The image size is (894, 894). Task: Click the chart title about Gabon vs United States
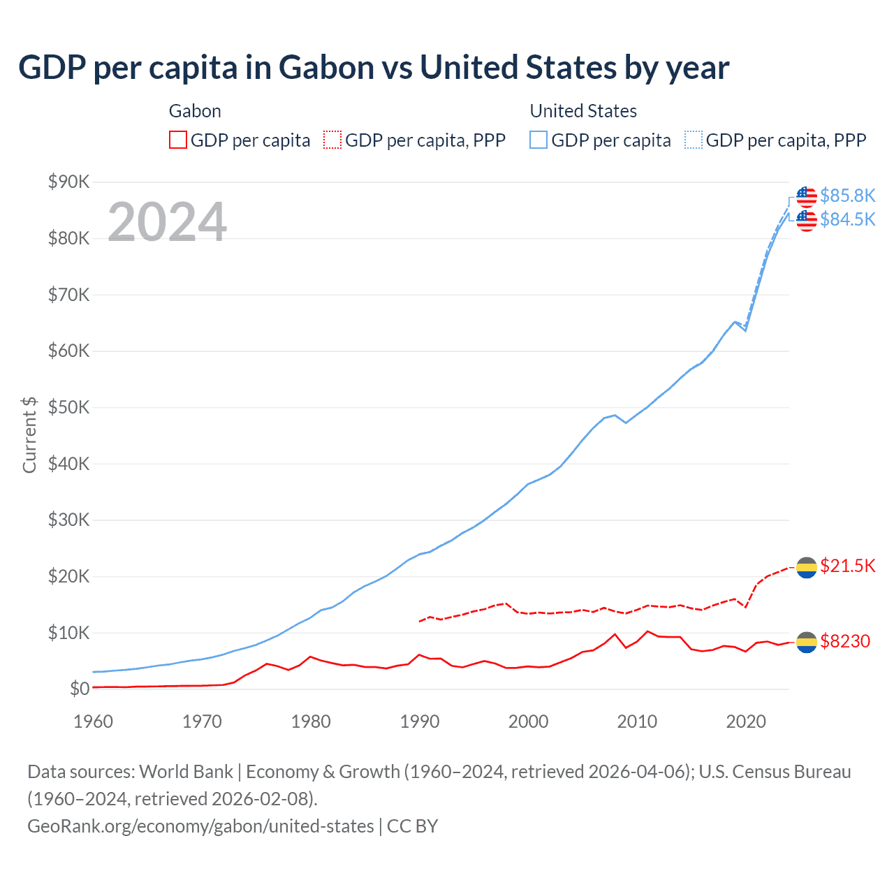374,68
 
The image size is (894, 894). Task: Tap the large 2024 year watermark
167,222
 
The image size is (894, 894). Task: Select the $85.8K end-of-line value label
847,196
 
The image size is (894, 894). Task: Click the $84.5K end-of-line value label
847,219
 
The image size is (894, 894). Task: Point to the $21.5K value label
847,566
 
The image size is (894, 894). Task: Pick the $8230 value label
844,641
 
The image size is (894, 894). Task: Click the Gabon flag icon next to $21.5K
807,568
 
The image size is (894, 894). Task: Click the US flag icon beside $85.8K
807,196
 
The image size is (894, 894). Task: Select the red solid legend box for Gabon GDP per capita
178,140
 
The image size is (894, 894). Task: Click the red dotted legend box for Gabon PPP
332,140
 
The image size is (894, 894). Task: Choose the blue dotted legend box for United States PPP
694,140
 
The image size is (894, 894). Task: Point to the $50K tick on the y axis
68,407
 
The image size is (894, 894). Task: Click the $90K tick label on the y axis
68,182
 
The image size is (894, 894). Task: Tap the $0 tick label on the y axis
80,689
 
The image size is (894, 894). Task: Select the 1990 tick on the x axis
420,721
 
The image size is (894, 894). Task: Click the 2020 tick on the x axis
746,721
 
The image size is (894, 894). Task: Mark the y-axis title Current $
29,435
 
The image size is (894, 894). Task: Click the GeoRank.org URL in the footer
200,826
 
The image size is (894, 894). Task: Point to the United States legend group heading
583,111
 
